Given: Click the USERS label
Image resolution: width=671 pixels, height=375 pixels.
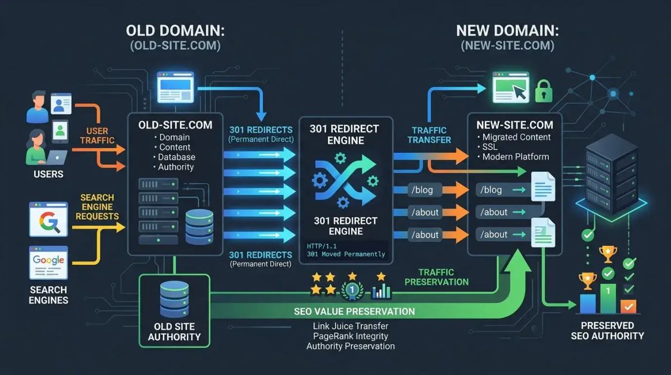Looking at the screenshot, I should [48, 174].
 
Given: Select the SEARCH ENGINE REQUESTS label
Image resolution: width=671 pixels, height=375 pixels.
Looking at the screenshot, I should [97, 207].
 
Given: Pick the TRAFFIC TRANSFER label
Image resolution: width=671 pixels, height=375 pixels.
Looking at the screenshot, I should [429, 135].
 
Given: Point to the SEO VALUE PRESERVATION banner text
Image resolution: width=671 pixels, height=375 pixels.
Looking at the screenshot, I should [355, 311].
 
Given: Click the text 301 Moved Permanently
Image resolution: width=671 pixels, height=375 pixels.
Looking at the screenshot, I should [346, 254].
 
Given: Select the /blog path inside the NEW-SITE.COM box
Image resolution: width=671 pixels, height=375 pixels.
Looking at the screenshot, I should [492, 190].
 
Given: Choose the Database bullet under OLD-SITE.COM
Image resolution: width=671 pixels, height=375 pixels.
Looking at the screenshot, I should [176, 157].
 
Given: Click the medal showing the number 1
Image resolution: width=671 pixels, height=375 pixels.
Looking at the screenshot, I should [352, 290].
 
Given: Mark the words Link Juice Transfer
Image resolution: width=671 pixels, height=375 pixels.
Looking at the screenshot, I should [351, 326].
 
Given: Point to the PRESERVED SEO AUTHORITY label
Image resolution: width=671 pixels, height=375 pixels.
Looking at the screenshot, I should [607, 330].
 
